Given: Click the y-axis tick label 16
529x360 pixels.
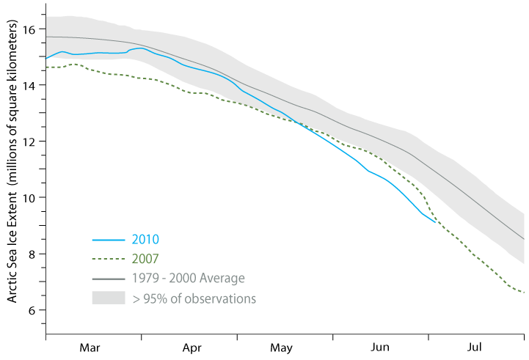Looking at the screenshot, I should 29,29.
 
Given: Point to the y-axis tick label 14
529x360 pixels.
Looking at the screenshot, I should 29,85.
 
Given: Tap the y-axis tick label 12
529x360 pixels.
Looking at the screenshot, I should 29,142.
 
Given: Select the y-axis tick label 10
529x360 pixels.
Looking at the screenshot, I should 29,198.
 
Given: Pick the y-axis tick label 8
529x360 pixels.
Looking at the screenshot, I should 32,254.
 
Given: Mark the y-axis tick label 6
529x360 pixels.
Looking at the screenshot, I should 32,310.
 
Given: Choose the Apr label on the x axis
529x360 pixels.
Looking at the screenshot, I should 191,347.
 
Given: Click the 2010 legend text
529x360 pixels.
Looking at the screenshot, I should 146,240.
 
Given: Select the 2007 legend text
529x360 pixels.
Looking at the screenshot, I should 146,259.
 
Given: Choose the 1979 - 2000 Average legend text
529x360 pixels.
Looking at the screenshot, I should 189,279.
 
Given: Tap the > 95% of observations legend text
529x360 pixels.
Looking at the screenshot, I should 194,298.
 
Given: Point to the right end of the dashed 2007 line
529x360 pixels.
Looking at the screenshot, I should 523,293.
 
